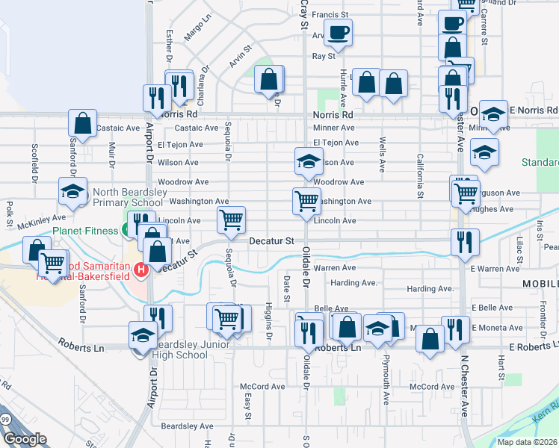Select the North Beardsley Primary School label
127,196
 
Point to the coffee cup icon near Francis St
338,32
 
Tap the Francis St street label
330,14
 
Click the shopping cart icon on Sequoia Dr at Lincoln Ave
232,220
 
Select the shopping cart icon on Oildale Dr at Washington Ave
306,200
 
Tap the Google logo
25,439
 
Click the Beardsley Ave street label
188,426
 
